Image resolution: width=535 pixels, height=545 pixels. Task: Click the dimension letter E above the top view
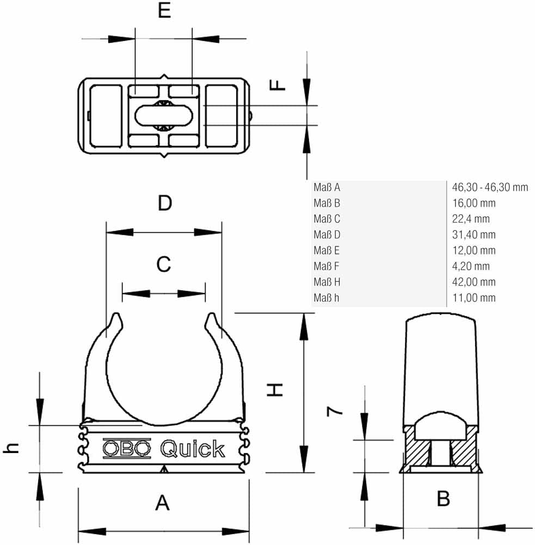coord(164,10)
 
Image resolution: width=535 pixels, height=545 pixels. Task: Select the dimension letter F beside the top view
coord(277,85)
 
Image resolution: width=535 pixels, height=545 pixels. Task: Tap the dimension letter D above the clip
coord(165,203)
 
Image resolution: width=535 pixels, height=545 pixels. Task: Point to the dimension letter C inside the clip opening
coord(164,264)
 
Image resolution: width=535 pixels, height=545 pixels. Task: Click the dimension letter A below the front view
coord(162,503)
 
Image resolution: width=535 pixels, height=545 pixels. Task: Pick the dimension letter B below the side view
coord(443,499)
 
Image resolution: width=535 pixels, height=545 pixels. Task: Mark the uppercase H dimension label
coord(275,390)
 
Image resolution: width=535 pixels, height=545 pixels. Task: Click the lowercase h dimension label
coord(11,447)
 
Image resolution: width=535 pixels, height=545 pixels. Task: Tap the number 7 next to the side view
coord(335,411)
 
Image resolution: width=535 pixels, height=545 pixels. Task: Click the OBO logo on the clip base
coord(127,449)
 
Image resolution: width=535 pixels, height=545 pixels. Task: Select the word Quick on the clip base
coord(193,449)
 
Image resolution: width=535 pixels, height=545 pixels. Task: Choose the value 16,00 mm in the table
coord(474,203)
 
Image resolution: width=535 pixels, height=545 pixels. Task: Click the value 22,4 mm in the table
coord(471,219)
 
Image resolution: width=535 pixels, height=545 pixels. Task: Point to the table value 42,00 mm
coord(474,282)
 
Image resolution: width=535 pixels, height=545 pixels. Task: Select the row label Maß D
coord(327,235)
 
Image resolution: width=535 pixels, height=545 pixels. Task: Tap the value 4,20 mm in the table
coord(471,266)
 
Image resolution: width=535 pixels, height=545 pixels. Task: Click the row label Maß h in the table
coord(326,298)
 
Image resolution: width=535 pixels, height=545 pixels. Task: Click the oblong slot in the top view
coord(163,115)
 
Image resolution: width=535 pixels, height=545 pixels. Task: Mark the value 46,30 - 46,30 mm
coord(490,187)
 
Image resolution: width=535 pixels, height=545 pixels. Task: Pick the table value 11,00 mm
coord(474,298)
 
